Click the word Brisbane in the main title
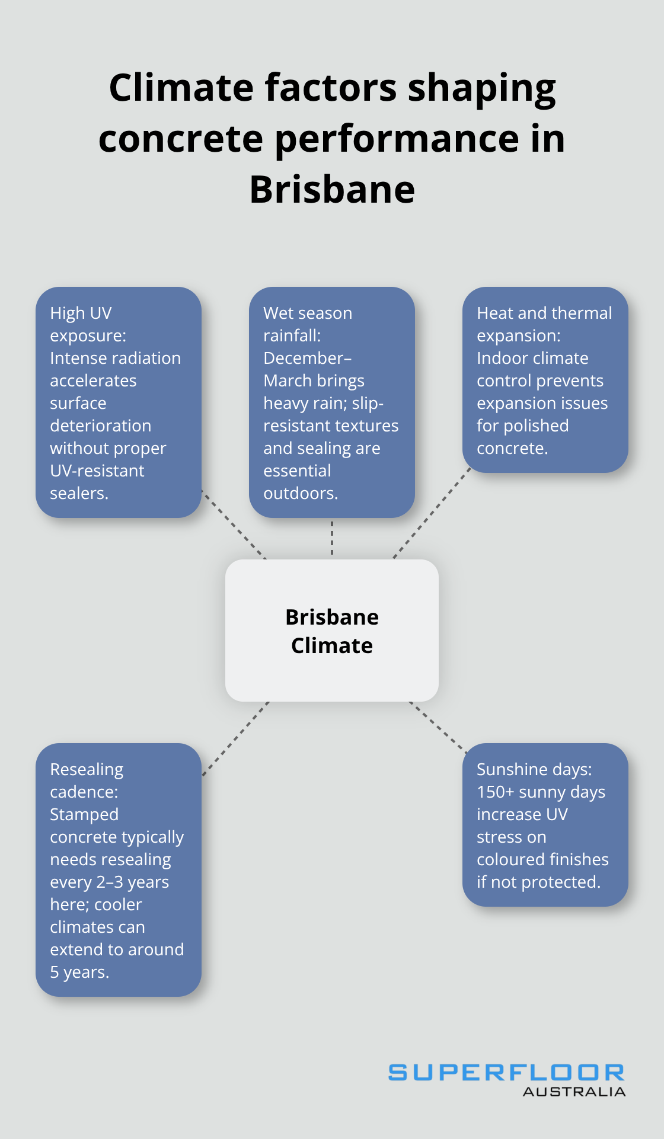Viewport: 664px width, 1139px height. pos(332,190)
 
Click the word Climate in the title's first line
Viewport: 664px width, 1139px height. pos(180,88)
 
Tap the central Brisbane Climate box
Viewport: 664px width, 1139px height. pos(332,631)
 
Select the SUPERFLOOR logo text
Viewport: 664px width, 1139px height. pos(506,1072)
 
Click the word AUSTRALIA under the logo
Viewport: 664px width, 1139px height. pos(574,1092)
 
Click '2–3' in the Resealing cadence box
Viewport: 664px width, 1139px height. pos(110,882)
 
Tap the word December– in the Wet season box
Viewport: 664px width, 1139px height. pos(307,358)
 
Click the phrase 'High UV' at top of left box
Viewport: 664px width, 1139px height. pos(81,313)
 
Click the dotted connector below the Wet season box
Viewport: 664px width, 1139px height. pos(332,538)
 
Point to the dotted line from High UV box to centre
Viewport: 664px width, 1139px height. pos(235,524)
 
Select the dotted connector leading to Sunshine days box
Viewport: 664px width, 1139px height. pos(438,727)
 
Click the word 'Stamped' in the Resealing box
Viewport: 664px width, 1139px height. pos(84,814)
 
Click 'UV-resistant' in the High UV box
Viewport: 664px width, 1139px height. pos(97,471)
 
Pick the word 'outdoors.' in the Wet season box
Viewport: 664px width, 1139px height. pos(301,493)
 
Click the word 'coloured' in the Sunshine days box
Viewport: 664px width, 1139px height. pos(510,859)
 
